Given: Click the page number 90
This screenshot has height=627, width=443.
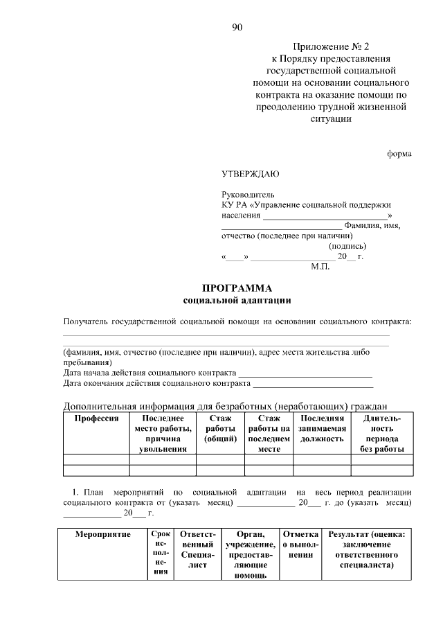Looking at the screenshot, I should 237,28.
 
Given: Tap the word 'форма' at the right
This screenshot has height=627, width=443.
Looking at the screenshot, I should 399,154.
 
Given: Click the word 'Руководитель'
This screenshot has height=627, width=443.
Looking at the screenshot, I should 248,195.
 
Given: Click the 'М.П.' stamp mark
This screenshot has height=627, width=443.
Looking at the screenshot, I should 322,266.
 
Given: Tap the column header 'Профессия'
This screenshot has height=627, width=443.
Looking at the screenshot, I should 96,418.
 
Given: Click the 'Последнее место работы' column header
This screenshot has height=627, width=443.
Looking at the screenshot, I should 163,434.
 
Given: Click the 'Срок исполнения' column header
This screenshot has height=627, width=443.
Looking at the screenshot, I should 161,554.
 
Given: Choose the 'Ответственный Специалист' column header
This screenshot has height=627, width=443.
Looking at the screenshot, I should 198,550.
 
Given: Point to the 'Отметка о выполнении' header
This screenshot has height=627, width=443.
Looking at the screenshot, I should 300,545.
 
